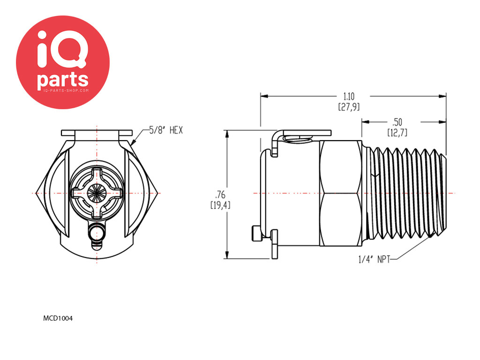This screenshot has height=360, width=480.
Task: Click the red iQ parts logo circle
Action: click(63, 62)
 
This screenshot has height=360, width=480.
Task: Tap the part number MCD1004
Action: click(58, 318)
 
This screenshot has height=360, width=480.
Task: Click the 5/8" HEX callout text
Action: click(166, 130)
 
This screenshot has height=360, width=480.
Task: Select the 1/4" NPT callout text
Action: click(375, 260)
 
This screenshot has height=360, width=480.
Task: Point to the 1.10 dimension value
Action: click(349, 97)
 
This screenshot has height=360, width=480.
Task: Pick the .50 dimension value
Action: click(397, 122)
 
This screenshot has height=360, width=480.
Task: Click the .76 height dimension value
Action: click(220, 195)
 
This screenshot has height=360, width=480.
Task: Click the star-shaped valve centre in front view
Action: click(97, 193)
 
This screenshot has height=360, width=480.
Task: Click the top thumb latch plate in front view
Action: click(97, 133)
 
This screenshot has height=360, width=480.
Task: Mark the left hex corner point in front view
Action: click(36, 193)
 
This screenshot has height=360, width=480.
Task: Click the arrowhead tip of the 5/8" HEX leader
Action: click(132, 144)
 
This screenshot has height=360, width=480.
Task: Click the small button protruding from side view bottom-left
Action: click(257, 234)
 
